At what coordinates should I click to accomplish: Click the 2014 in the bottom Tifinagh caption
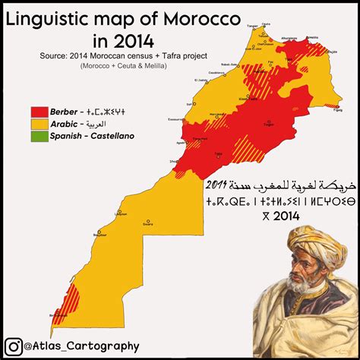(x=282, y=216)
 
